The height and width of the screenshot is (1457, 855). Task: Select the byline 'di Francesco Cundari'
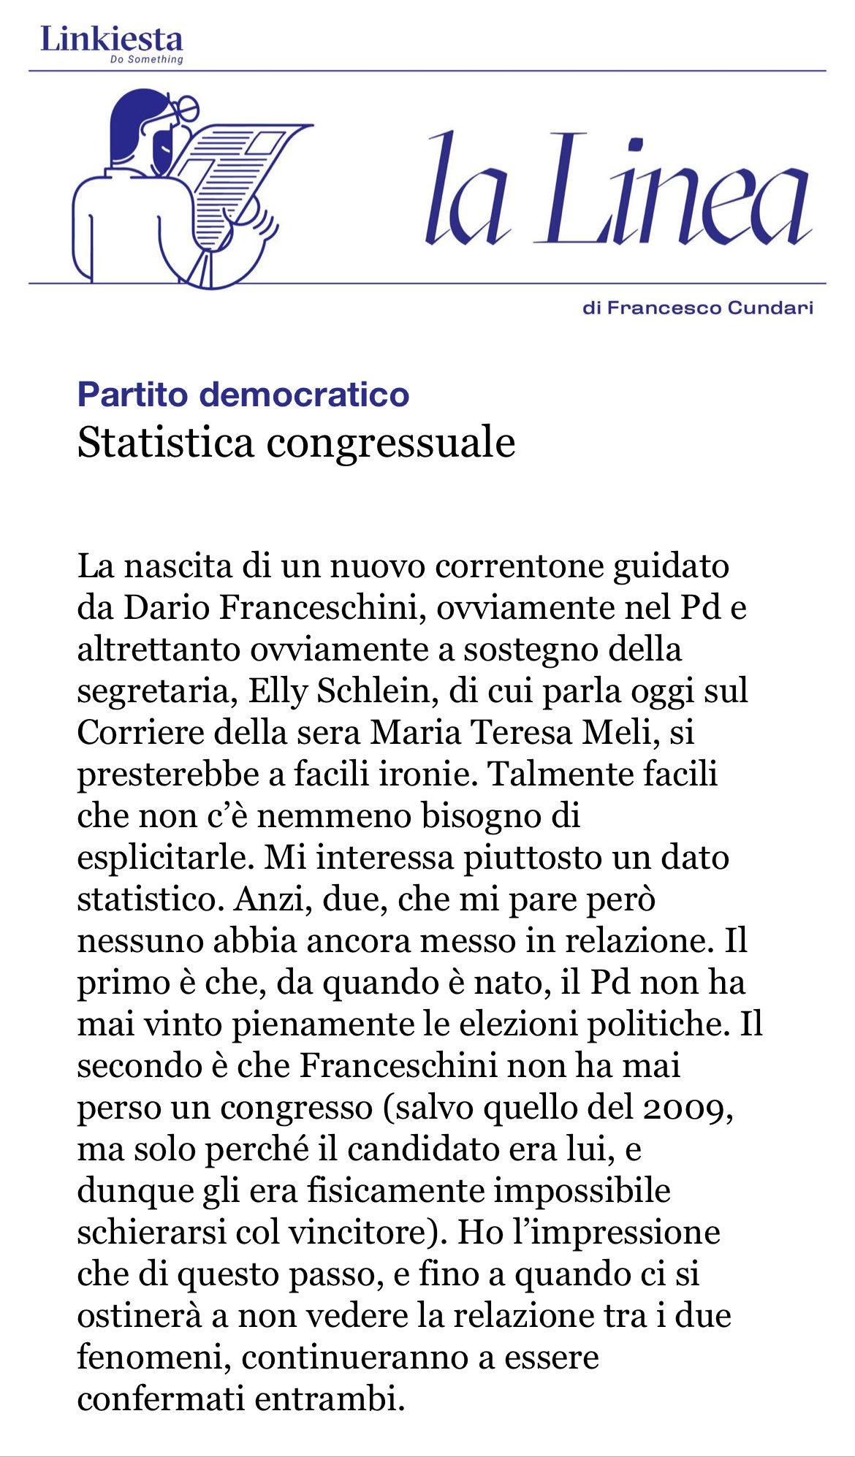coord(698,308)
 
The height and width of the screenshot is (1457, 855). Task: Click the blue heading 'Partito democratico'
coord(243,395)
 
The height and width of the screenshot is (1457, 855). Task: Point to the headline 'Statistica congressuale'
coord(296,442)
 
